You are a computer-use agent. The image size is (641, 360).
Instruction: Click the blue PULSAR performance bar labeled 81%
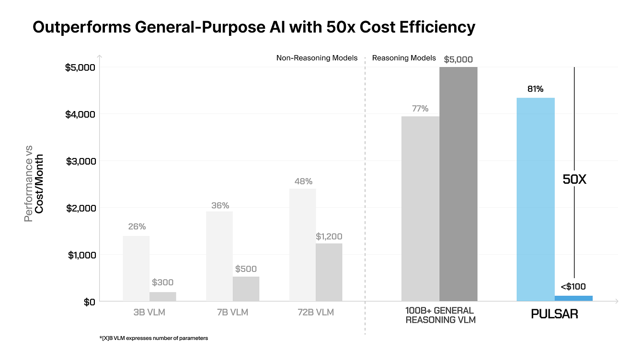click(x=536, y=199)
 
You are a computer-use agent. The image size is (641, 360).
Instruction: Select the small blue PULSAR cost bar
click(x=573, y=298)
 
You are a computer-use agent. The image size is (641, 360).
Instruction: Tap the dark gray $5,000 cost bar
click(x=458, y=184)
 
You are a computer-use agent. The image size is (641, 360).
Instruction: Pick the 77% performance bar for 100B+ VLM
click(x=420, y=209)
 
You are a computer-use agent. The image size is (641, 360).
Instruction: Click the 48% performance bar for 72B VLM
click(x=302, y=245)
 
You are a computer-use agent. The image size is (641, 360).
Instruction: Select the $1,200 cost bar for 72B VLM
click(x=329, y=272)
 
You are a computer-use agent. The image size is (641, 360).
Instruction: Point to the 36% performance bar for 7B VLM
click(x=219, y=256)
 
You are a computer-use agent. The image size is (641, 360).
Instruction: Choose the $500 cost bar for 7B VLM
click(x=246, y=289)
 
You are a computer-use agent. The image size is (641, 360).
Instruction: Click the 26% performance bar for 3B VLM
click(x=136, y=268)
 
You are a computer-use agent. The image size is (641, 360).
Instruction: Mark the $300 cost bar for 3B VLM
click(x=163, y=296)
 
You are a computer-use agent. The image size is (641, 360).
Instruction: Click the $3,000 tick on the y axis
click(x=81, y=161)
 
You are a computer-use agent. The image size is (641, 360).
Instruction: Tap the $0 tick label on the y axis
click(x=90, y=302)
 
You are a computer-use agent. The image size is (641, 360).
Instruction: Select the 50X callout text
click(x=574, y=180)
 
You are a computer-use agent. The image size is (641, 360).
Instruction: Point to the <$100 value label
click(x=573, y=287)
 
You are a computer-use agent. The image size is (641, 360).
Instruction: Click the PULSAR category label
click(x=554, y=314)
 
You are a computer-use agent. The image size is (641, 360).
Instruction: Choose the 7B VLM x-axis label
click(x=232, y=313)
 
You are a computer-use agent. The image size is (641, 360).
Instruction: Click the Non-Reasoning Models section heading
click(x=317, y=58)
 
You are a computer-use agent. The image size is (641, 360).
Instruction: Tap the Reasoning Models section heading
click(x=404, y=58)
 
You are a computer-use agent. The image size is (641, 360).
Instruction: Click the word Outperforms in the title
click(x=80, y=27)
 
